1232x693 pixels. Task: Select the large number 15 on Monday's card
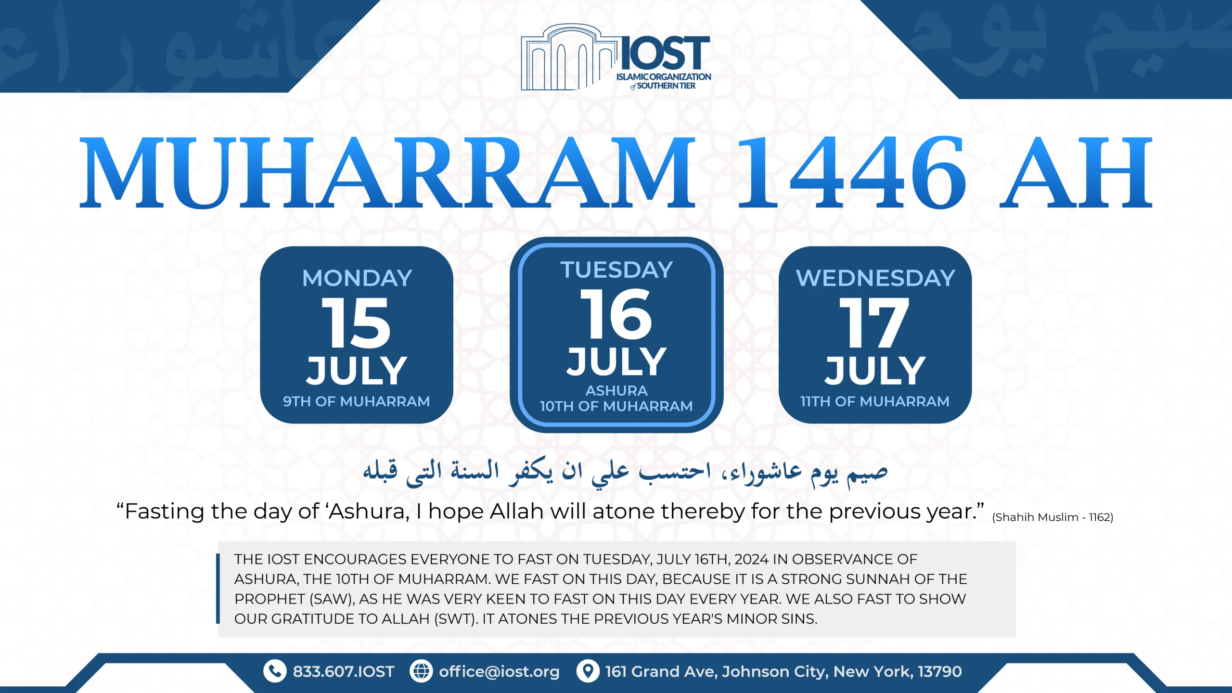point(356,322)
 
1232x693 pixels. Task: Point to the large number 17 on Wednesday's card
point(874,322)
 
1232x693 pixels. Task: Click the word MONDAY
point(357,278)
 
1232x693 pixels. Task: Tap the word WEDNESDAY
point(875,278)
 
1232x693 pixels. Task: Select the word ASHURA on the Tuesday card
point(616,390)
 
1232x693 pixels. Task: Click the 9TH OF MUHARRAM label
point(356,401)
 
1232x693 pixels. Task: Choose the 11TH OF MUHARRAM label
point(875,401)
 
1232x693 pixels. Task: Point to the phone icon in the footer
point(275,671)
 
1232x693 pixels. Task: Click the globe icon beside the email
point(421,671)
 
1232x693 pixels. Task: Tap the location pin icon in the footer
point(588,671)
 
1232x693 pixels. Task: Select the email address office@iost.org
point(499,671)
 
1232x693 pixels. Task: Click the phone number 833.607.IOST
point(344,671)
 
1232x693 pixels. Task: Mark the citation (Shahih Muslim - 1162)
point(1053,517)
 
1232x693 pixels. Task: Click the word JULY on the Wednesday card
point(875,371)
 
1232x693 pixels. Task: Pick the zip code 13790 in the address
point(939,671)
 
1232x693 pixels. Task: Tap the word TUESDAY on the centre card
point(616,270)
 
